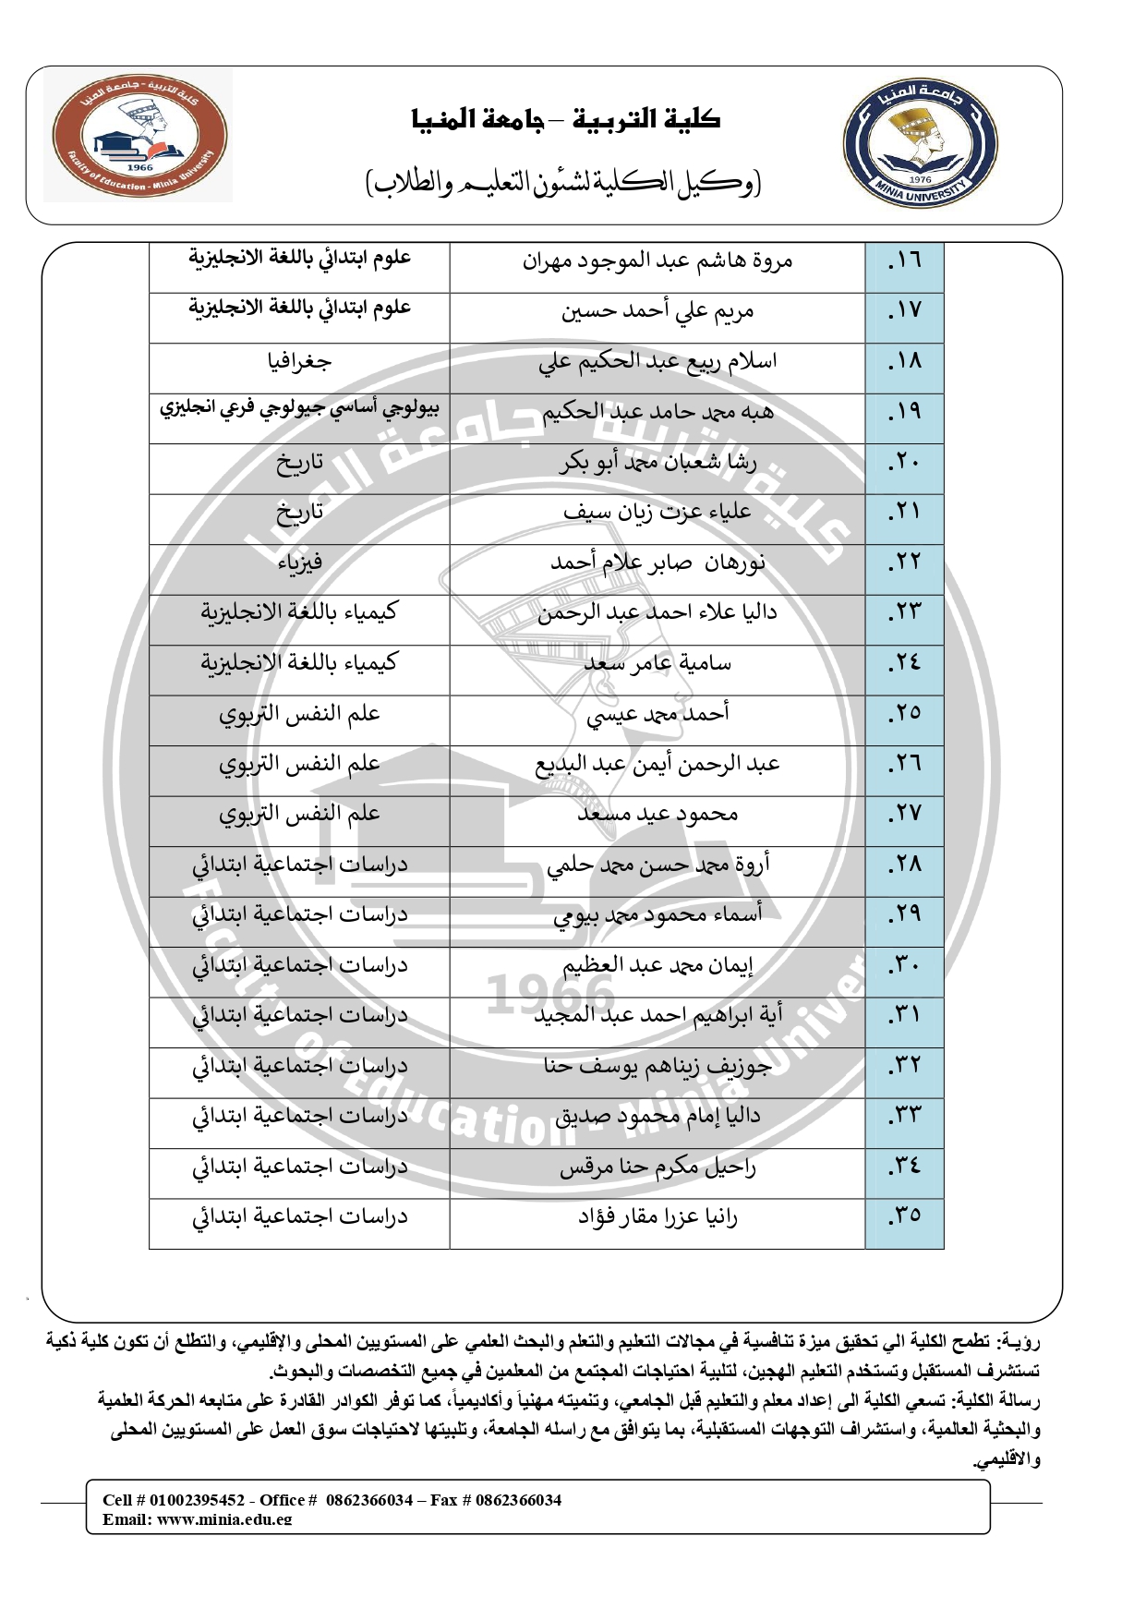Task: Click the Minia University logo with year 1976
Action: pyautogui.click(x=920, y=144)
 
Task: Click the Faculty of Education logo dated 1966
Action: pyautogui.click(x=139, y=136)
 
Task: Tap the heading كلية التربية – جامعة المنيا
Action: pyautogui.click(x=566, y=119)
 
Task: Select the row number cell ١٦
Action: pyautogui.click(x=904, y=261)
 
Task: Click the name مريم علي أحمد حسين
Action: pyautogui.click(x=657, y=312)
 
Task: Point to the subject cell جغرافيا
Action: pyautogui.click(x=299, y=362)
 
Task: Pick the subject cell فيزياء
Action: pyautogui.click(x=299, y=563)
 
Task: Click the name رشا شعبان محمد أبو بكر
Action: pyautogui.click(x=657, y=463)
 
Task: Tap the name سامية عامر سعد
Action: pyautogui.click(x=657, y=664)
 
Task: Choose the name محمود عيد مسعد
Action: pyautogui.click(x=657, y=815)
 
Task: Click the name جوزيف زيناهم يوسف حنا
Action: pyautogui.click(x=657, y=1067)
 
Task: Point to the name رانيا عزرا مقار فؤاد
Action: pyautogui.click(x=657, y=1218)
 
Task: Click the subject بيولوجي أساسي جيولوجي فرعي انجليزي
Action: pyautogui.click(x=299, y=408)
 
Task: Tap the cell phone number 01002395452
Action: pyautogui.click(x=197, y=1500)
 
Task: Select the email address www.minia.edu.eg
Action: pyautogui.click(x=224, y=1519)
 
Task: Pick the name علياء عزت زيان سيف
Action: pyautogui.click(x=657, y=513)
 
